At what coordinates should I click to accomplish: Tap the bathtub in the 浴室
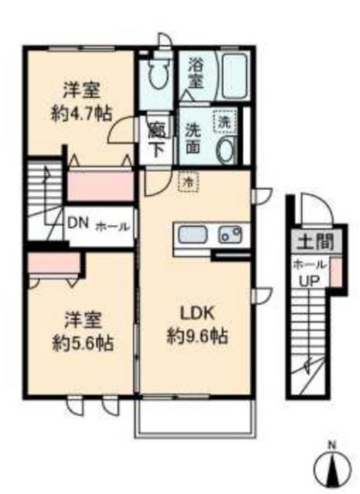click(x=235, y=76)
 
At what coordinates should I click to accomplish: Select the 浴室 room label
click(x=195, y=73)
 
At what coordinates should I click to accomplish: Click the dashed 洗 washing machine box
click(x=225, y=121)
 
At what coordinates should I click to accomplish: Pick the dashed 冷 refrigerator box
click(x=188, y=182)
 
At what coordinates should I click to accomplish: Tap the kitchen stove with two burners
click(x=231, y=235)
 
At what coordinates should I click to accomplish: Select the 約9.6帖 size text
click(x=197, y=337)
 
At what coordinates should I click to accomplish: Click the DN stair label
click(x=78, y=225)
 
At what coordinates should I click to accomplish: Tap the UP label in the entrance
click(x=309, y=281)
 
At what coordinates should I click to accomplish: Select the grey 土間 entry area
click(x=315, y=242)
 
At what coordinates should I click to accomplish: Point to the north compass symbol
click(x=332, y=467)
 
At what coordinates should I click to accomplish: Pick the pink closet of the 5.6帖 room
click(x=53, y=264)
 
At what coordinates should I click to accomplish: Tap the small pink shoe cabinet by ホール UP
click(x=336, y=272)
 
